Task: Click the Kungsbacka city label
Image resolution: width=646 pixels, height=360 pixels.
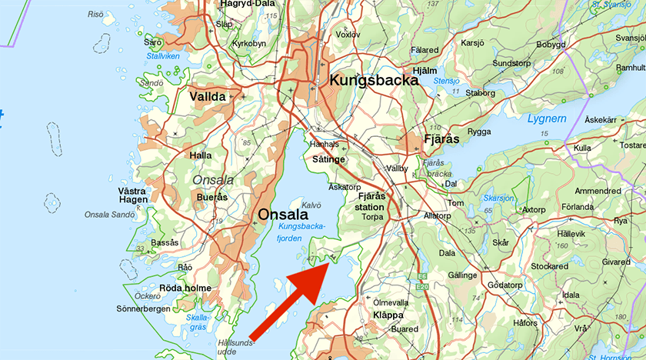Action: [374, 80]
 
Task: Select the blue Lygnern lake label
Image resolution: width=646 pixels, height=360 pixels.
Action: [547, 118]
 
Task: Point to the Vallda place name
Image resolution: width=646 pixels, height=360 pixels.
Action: [208, 97]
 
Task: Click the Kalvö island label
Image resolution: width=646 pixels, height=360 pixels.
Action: [311, 205]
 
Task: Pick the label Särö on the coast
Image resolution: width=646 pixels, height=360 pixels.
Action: [153, 42]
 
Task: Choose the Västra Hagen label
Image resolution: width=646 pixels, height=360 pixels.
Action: [132, 195]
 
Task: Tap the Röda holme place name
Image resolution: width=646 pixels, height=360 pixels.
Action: [185, 288]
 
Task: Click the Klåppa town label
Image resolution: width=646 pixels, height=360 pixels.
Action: [388, 315]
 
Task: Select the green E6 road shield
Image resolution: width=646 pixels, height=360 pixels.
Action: [421, 276]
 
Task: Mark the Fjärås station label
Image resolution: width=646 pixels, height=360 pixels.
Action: [371, 202]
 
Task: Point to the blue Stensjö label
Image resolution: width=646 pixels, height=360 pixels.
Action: [445, 80]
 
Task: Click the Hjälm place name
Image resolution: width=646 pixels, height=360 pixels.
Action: [425, 70]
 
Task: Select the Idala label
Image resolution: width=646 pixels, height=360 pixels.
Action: [570, 295]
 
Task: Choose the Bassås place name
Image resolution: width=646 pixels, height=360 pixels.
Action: [165, 242]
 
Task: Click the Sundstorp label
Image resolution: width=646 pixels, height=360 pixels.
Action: [511, 63]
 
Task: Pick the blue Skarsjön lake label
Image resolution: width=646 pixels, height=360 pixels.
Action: [500, 198]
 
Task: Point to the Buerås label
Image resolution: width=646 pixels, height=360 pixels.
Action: [212, 198]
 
